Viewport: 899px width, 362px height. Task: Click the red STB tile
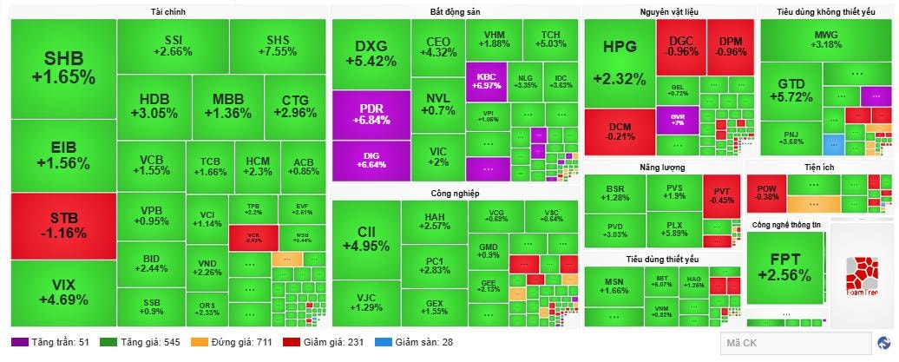pos(62,226)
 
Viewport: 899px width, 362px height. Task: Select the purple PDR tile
pos(371,114)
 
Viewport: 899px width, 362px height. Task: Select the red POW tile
pos(766,192)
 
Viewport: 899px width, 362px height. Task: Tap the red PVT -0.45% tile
pos(722,195)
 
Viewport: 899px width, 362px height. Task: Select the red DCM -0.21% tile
pos(619,131)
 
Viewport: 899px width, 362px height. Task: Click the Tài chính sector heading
pos(167,12)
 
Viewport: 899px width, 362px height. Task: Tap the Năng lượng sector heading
pos(662,167)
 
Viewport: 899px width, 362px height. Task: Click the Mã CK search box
pos(795,344)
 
